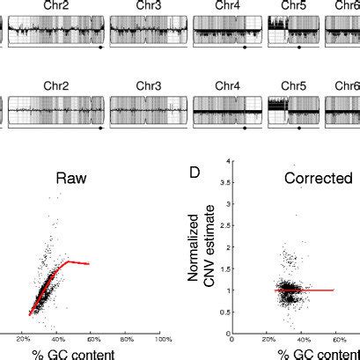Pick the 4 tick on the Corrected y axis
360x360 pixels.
click(228, 161)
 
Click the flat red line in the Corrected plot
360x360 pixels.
click(308, 290)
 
